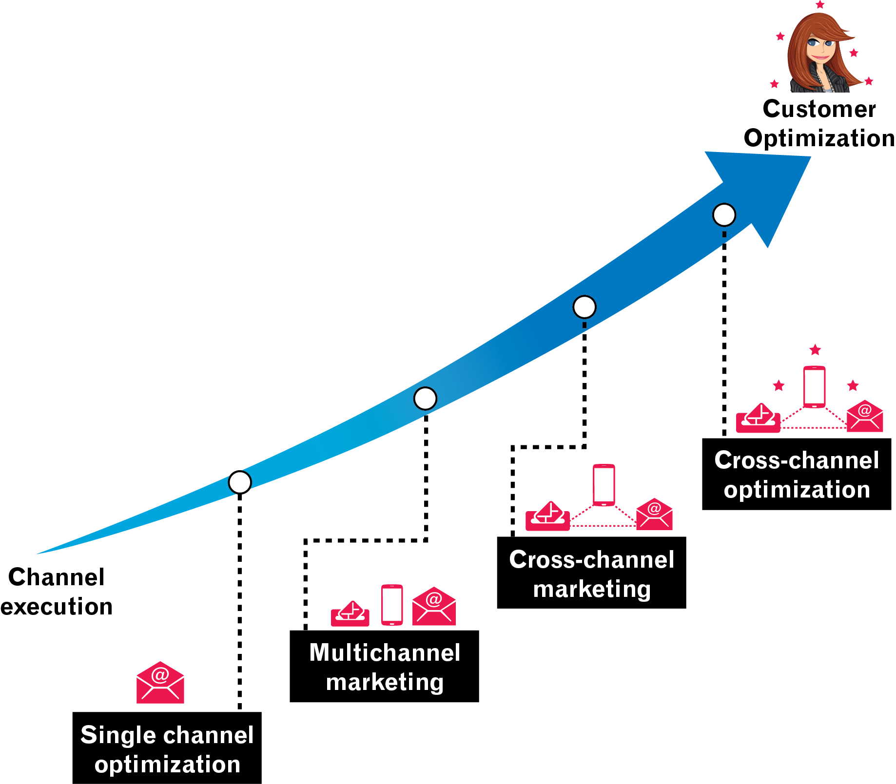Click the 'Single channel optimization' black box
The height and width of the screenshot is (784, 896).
click(167, 748)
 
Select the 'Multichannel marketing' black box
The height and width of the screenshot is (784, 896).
click(384, 666)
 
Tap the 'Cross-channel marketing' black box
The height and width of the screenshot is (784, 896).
click(591, 573)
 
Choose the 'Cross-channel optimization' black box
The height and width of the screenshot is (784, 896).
click(797, 474)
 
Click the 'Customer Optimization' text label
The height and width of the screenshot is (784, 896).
click(819, 123)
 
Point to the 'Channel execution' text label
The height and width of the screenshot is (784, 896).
click(57, 591)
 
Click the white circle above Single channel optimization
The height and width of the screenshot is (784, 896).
click(240, 482)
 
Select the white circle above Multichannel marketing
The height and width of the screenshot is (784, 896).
click(425, 399)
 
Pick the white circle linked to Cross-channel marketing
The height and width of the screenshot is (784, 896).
click(584, 307)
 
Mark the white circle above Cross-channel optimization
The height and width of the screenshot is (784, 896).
click(724, 215)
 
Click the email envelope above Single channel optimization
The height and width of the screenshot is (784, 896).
click(160, 683)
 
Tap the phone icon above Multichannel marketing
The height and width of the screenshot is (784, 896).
click(392, 605)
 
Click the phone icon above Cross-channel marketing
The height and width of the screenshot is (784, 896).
click(604, 485)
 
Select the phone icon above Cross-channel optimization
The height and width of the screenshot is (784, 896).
click(814, 387)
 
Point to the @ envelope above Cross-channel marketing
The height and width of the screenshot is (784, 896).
click(654, 514)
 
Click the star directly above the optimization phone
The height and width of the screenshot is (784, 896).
click(815, 349)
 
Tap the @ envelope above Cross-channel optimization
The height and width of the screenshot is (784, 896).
click(865, 416)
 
